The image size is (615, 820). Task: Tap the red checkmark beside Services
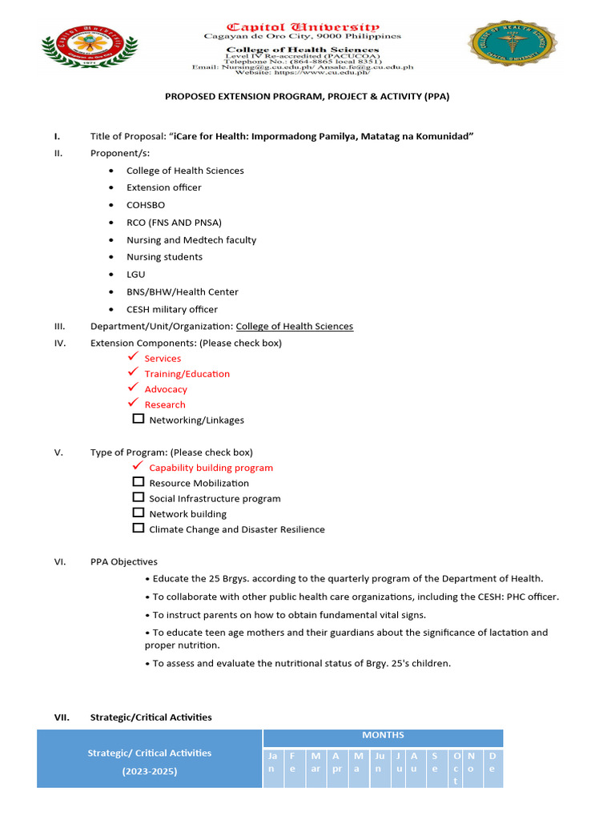click(x=134, y=357)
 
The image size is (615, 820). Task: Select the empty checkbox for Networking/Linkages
click(x=139, y=419)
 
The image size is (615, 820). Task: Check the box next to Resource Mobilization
click(x=139, y=482)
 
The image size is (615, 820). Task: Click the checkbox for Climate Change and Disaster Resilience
click(x=139, y=529)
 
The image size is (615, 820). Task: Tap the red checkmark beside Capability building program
click(x=138, y=466)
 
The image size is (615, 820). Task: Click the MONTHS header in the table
click(x=383, y=735)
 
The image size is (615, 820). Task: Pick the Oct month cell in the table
click(x=456, y=768)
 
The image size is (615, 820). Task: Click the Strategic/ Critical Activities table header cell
click(x=150, y=761)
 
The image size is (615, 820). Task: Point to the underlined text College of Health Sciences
click(x=294, y=326)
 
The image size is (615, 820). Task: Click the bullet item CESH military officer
click(x=171, y=309)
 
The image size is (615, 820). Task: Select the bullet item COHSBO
click(x=146, y=204)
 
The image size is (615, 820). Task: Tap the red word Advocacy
click(x=166, y=389)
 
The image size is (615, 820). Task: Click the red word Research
click(x=164, y=404)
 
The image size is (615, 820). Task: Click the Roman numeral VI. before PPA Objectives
click(x=60, y=561)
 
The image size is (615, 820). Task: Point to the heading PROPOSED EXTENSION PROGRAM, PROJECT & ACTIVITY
click(x=307, y=96)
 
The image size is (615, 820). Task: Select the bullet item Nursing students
click(x=164, y=257)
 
